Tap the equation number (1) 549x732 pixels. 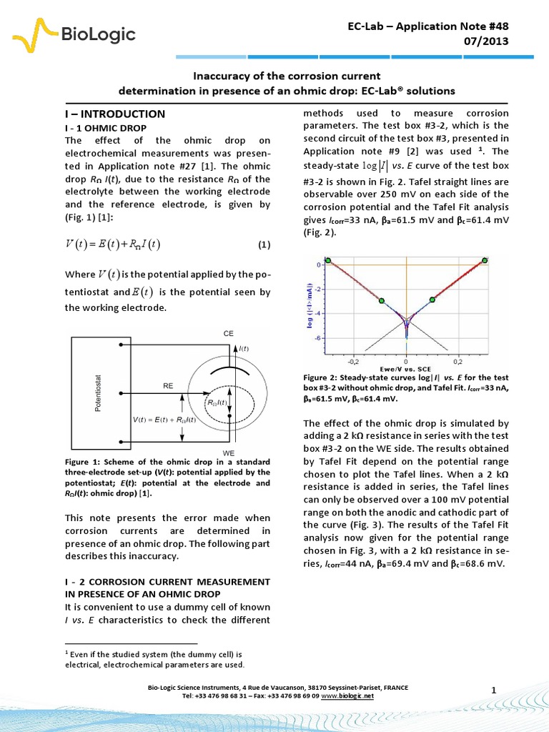click(x=264, y=245)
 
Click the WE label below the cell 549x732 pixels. click(x=229, y=453)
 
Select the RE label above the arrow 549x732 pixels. click(x=168, y=385)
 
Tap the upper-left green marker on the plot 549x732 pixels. click(x=328, y=261)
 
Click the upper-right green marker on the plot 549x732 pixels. click(x=485, y=260)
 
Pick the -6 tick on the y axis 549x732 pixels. click(x=317, y=337)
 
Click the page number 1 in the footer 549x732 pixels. click(x=494, y=688)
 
